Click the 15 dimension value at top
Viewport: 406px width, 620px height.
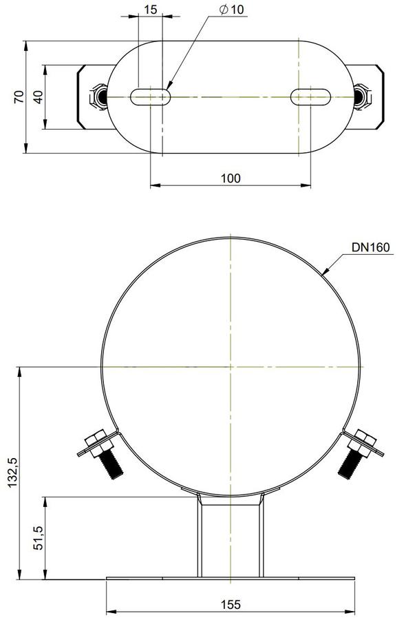point(151,9)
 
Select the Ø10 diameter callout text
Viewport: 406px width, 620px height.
point(231,9)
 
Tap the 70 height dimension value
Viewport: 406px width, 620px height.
point(19,97)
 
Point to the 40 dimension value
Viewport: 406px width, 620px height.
point(38,97)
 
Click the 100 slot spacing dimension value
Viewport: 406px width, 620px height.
point(231,178)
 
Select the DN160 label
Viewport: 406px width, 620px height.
point(371,247)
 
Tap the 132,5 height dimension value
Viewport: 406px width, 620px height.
point(13,473)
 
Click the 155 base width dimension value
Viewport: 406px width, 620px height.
point(231,605)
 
